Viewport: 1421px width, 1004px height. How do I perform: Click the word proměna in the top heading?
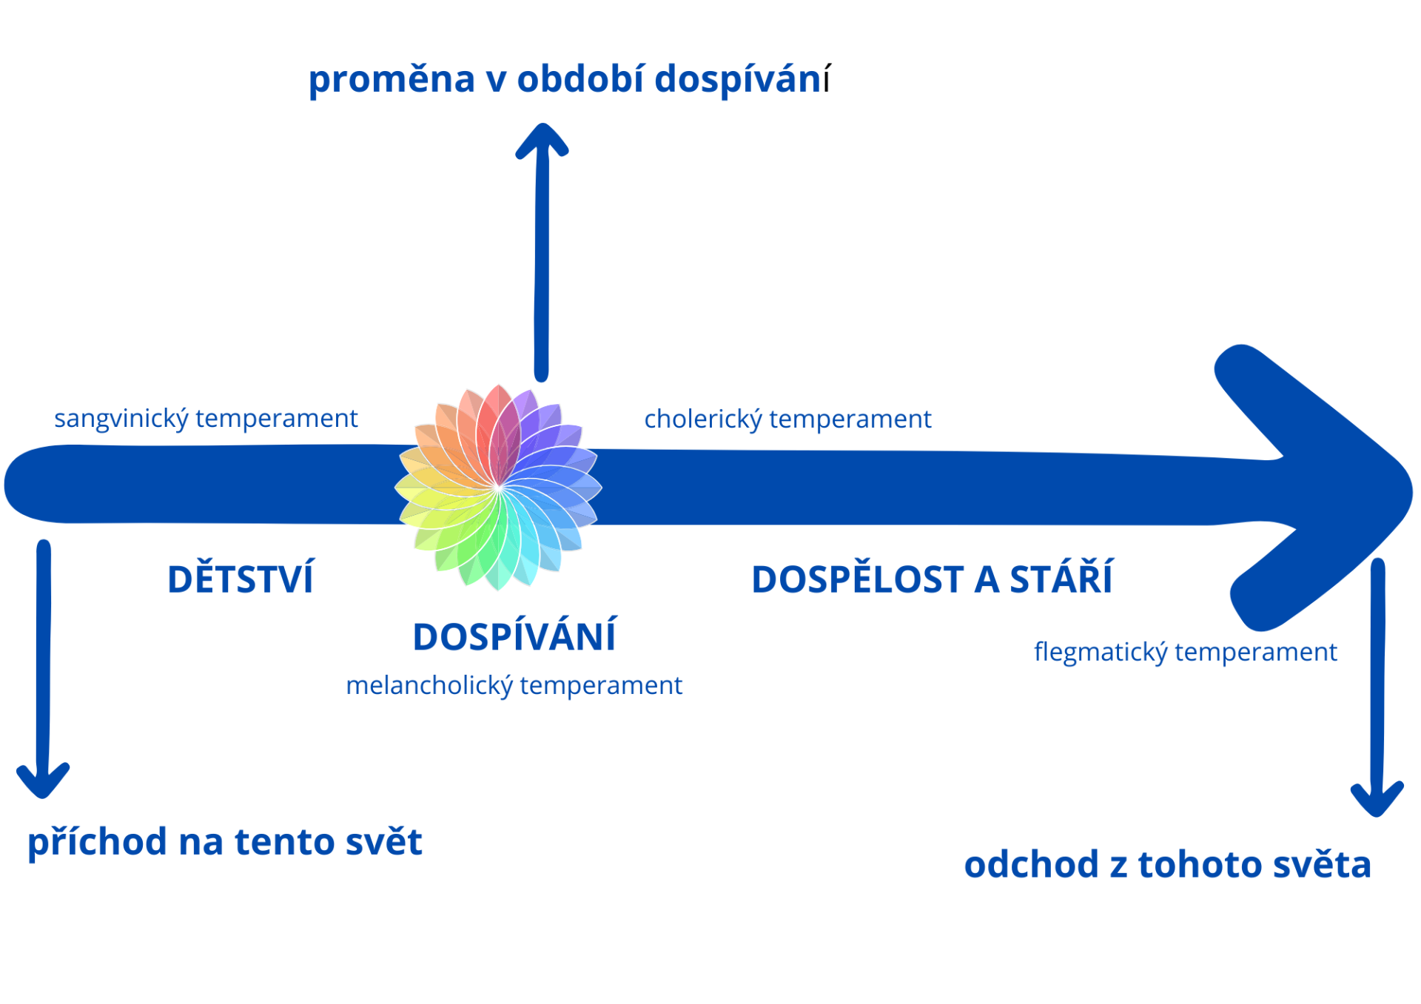point(392,80)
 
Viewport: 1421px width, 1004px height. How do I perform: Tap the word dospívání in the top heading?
point(742,78)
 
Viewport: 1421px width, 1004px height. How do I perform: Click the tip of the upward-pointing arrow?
point(542,125)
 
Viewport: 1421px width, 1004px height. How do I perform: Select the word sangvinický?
point(121,420)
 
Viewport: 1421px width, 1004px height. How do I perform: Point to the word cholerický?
point(703,420)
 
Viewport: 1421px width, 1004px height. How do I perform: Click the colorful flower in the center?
point(498,488)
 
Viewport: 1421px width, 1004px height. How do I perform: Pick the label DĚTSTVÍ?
point(241,578)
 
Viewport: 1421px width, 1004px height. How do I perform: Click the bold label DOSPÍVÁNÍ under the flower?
point(514,636)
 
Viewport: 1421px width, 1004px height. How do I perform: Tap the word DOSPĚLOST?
point(858,579)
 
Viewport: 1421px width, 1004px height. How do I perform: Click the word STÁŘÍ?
point(1061,577)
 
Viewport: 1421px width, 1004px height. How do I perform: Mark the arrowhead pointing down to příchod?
point(43,781)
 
